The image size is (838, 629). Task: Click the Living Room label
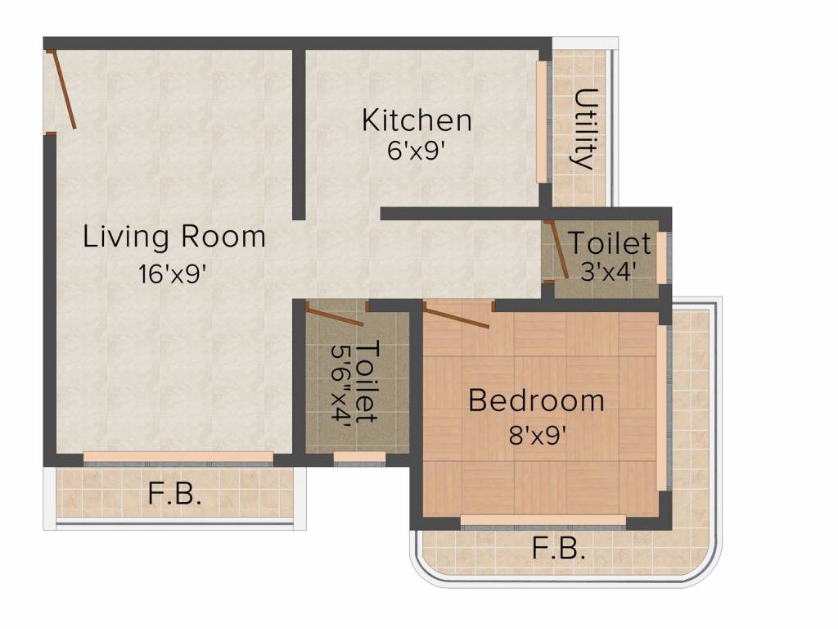tap(174, 237)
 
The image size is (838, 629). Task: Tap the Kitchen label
tap(417, 120)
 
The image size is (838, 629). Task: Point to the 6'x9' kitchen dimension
tap(417, 152)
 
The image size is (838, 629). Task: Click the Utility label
tap(584, 128)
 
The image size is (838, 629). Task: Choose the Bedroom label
tap(536, 400)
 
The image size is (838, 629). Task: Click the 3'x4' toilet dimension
tap(608, 271)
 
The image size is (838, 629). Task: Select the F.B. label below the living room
tap(174, 494)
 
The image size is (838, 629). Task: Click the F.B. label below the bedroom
tap(559, 548)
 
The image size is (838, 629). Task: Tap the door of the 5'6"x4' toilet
tap(336, 314)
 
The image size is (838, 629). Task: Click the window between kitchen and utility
tap(541, 122)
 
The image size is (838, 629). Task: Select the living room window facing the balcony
tap(178, 456)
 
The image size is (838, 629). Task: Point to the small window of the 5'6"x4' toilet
tap(359, 456)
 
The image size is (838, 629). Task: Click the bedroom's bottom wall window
tap(543, 520)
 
